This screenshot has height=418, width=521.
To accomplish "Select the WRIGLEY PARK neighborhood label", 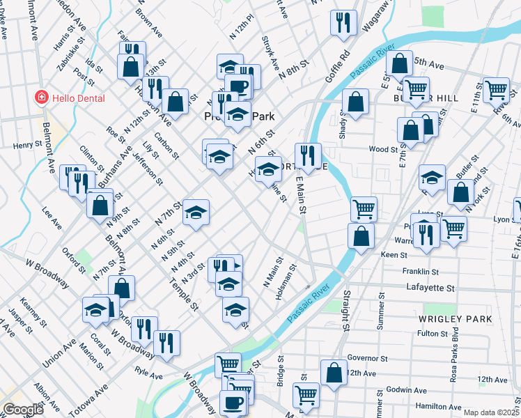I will (456, 319).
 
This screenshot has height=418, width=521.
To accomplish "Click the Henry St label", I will (29, 146).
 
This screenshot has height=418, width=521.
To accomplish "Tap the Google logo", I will (23, 410).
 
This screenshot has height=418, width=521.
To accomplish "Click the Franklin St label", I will (420, 271).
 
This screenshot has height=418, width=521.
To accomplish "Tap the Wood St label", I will (383, 149).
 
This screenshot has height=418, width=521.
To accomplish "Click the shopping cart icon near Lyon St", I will (454, 227).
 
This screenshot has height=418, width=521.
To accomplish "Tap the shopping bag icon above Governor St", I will (334, 371).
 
